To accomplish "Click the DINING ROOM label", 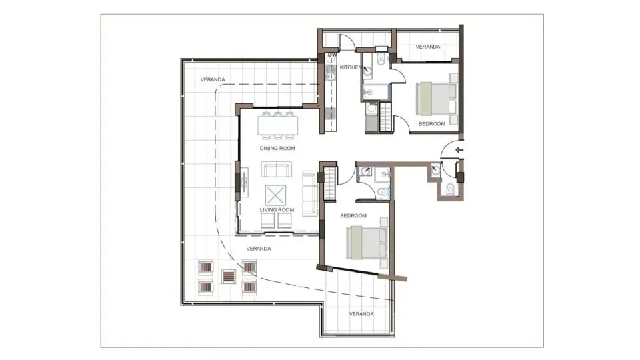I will coord(277,148).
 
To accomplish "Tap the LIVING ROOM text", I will coord(277,210).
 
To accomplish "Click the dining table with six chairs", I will coord(277,123).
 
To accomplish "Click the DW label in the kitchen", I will coord(333,55).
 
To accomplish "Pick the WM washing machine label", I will coord(373,104).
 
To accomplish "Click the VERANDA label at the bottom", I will coord(361,313).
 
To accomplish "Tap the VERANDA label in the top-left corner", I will coord(213,79).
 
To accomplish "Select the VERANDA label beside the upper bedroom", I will coord(427,47).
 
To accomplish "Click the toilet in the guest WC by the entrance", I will coord(450,188).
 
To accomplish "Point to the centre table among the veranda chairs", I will coord(228,277).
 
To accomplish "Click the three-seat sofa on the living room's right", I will coord(309,193).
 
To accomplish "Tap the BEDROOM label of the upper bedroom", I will coord(432,124).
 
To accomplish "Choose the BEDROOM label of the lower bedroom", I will coord(353,215).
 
